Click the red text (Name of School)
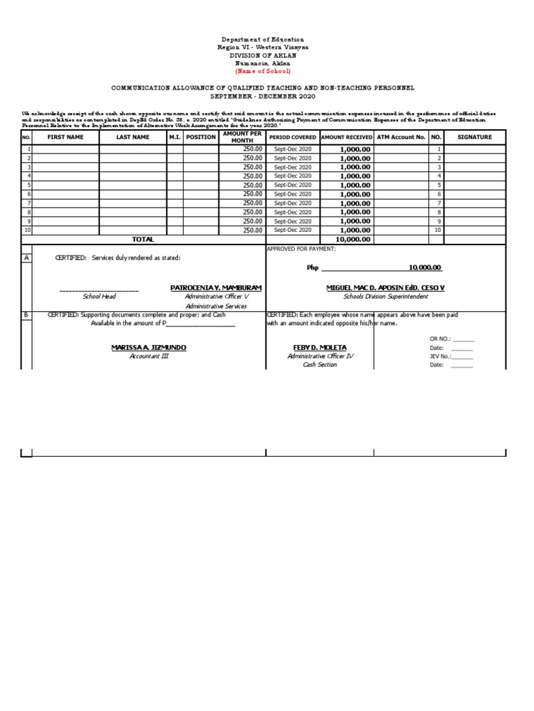[263, 72]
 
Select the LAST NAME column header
[133, 137]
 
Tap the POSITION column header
[201, 137]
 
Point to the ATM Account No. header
[400, 137]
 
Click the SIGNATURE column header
[474, 137]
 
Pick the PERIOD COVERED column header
[293, 137]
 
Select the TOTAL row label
[143, 240]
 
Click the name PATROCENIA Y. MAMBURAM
[216, 287]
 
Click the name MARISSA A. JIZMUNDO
[149, 347]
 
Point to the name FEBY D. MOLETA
[320, 347]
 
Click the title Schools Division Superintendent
[385, 296]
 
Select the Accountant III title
[149, 356]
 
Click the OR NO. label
[440, 339]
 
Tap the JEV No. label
[440, 356]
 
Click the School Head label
[99, 296]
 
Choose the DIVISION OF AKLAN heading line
[263, 56]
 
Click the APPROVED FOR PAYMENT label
[301, 249]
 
